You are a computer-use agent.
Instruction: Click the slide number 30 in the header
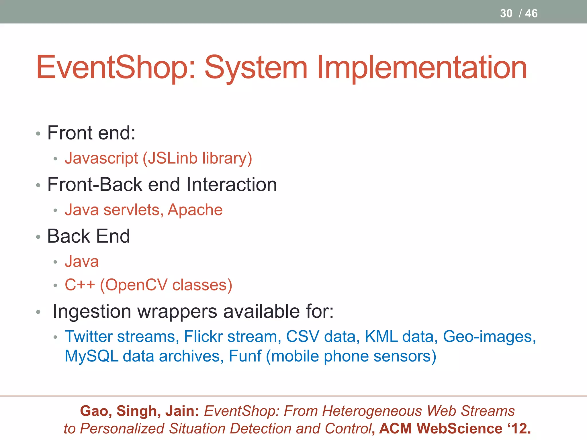tap(506, 13)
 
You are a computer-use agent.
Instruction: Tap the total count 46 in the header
tap(531, 13)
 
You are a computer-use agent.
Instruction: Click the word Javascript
tap(101, 158)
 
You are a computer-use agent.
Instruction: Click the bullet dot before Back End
tap(38, 237)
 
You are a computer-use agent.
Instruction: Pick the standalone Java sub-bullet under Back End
tap(82, 262)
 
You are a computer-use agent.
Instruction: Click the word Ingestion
tap(92, 311)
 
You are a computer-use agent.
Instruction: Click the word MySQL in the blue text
tap(91, 356)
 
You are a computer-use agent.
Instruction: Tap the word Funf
tap(245, 356)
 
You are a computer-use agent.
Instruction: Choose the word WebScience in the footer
tap(459, 429)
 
